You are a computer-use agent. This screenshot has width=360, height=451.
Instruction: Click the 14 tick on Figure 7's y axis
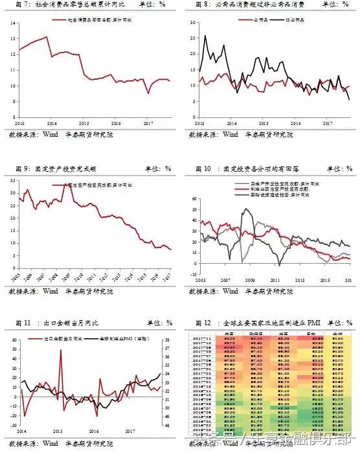point(12,23)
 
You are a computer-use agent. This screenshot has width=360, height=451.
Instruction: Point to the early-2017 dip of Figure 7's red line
point(148,93)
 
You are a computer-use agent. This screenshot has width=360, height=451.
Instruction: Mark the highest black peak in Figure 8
point(205,36)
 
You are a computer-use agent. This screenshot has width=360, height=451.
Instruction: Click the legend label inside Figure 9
point(104,185)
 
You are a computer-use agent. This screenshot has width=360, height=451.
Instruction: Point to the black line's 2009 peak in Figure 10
point(247,209)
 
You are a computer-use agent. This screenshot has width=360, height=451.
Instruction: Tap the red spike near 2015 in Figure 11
point(61,351)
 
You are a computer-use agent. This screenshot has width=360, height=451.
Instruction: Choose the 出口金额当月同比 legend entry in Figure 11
point(61,339)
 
